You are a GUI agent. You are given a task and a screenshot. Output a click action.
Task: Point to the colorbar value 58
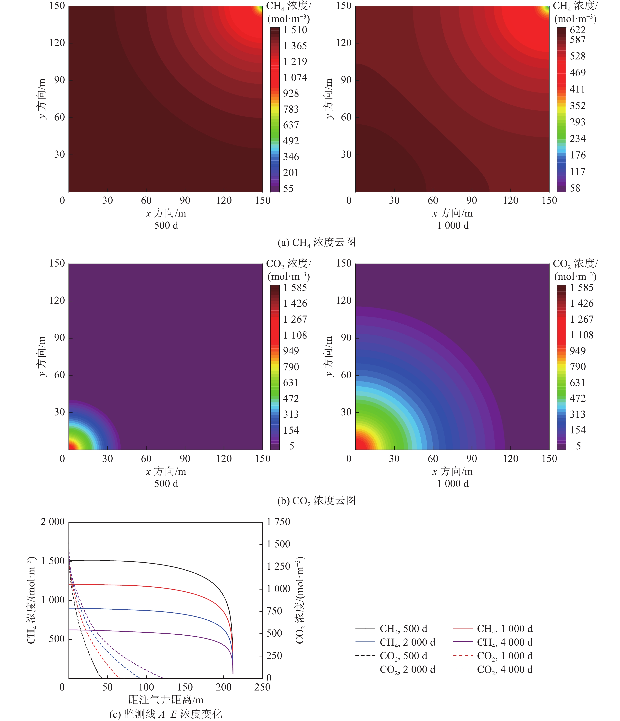[575, 188]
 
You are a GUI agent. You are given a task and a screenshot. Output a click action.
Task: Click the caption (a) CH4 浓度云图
[316, 242]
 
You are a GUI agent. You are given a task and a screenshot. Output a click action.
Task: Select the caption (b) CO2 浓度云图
[316, 500]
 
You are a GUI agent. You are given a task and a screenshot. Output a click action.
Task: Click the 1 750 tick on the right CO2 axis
[278, 522]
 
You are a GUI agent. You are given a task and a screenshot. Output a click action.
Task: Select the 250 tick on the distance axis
[262, 687]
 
